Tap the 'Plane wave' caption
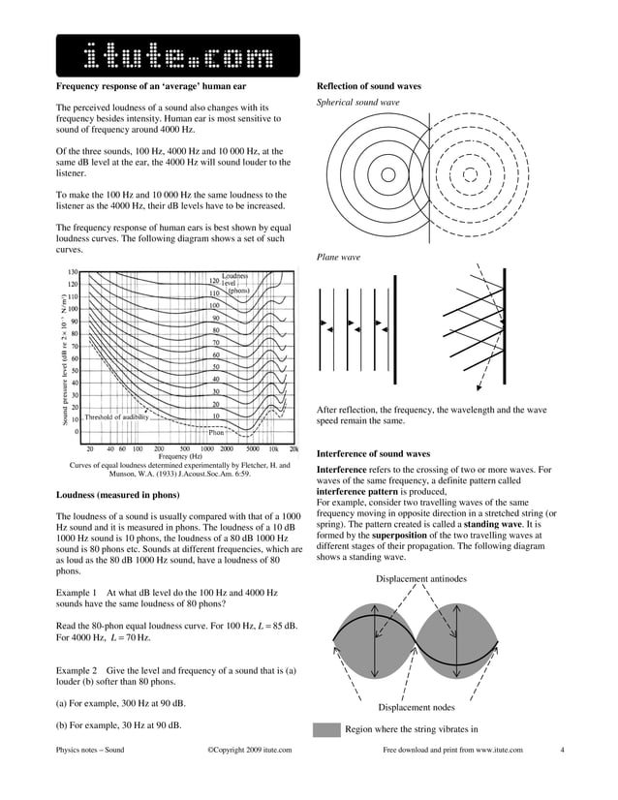pos(338,257)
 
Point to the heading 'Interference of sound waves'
pos(373,453)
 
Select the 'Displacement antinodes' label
pos(420,578)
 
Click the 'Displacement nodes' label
pos(417,708)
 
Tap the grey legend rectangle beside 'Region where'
pos(326,729)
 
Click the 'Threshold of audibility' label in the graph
pos(116,416)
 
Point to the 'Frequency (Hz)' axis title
pos(180,456)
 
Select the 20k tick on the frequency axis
pos(294,448)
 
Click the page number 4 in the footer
pos(562,750)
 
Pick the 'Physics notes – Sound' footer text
pos(90,750)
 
